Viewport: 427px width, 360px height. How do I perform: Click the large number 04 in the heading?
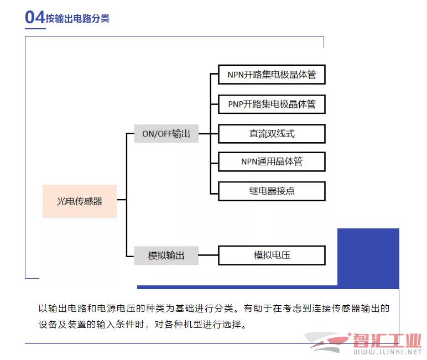pyautogui.click(x=35, y=17)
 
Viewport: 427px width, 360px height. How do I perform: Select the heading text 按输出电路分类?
pyautogui.click(x=77, y=18)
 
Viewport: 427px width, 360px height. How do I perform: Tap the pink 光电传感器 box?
pyautogui.click(x=80, y=201)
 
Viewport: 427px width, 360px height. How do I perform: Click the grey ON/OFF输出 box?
pyautogui.click(x=166, y=133)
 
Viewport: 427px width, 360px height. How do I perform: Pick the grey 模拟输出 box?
pyautogui.click(x=166, y=255)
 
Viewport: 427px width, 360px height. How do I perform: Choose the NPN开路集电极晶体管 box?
pyautogui.click(x=272, y=74)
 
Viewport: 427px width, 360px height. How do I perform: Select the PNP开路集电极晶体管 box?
pyautogui.click(x=272, y=104)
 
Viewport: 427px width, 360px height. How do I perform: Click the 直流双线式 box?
pyautogui.click(x=272, y=134)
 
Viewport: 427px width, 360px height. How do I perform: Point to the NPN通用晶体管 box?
pyautogui.click(x=272, y=161)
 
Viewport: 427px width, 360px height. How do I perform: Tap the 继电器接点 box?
pyautogui.click(x=272, y=191)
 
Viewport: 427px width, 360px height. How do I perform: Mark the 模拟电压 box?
pyautogui.click(x=272, y=255)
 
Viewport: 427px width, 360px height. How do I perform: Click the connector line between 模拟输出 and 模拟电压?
pyautogui.click(x=209, y=255)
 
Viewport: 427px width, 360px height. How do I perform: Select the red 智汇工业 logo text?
pyautogui.click(x=387, y=340)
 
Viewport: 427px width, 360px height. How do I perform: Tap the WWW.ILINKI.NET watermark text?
pyautogui.click(x=388, y=352)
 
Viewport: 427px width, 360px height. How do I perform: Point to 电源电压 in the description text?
pyautogui.click(x=116, y=308)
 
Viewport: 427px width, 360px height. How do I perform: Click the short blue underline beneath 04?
pyautogui.click(x=35, y=28)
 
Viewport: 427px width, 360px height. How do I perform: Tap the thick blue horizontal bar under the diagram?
pyautogui.click(x=237, y=287)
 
